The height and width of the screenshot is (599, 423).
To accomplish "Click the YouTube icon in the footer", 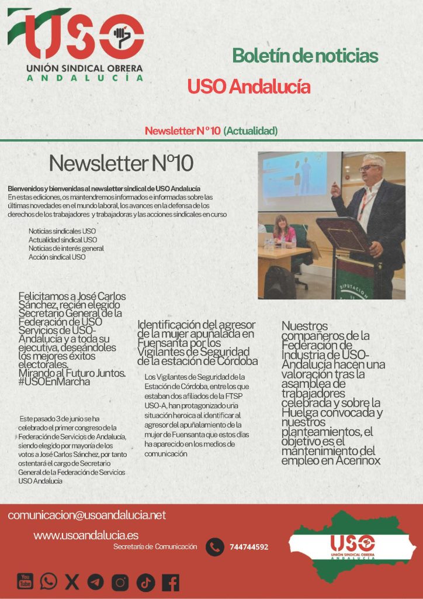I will pos(25,581).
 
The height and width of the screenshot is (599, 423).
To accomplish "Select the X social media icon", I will pos(72,581).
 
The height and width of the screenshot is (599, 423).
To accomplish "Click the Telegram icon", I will pos(95,581).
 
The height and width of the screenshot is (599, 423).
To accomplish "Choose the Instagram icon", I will pos(120,582).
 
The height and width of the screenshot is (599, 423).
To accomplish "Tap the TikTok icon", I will pos(145,582).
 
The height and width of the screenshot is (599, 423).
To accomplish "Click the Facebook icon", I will pos(171,582).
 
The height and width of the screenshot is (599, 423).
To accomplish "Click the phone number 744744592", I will pos(249,548).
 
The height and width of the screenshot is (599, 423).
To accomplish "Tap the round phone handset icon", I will pos(215,547).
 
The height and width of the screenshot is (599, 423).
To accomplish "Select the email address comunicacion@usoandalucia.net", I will pos(87,515).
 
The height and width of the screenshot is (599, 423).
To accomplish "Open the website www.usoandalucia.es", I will pos(86,535).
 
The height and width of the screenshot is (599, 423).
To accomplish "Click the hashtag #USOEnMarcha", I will pos(54,382).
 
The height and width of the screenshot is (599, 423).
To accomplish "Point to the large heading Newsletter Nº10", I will pos(121,163).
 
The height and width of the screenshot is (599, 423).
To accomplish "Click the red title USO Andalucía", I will pos(248,87).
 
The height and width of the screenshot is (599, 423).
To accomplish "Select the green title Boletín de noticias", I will pos(305,56).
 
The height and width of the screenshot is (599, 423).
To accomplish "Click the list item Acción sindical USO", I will pos(57,257).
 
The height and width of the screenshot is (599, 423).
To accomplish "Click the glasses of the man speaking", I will pos(369,168).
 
